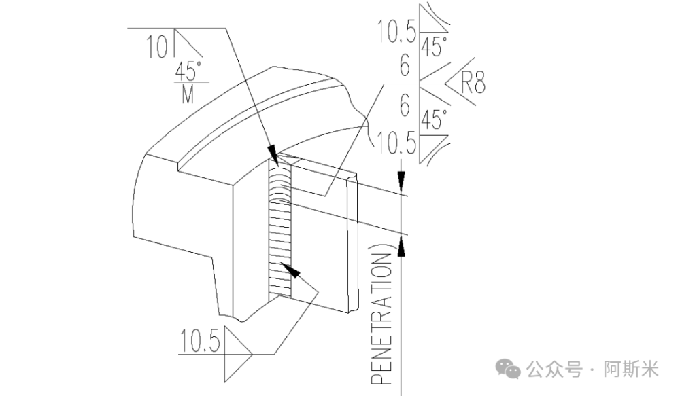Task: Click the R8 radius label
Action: tap(473, 82)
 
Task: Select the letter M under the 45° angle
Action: tap(188, 94)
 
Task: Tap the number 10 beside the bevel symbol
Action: tap(156, 47)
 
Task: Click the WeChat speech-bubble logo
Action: tap(508, 369)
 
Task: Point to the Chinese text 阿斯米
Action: tap(631, 370)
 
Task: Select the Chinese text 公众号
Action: tap(554, 370)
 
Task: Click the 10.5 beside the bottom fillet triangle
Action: tap(200, 340)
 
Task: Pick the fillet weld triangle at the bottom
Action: tap(237, 355)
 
